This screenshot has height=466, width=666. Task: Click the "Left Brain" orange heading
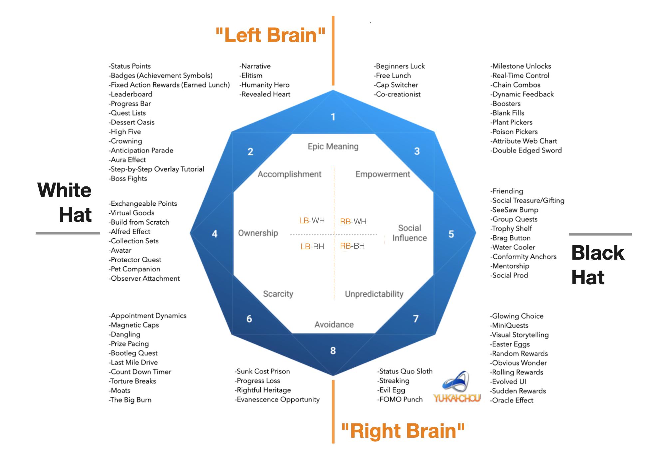(x=270, y=35)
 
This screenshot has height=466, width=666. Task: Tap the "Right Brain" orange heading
(x=403, y=431)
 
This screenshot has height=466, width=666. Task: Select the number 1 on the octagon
(x=333, y=117)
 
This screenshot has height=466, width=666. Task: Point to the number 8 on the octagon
(x=333, y=350)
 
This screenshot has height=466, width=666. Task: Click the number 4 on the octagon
(x=215, y=234)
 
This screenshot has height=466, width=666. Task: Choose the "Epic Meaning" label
(x=333, y=146)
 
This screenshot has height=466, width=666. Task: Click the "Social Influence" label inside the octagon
(x=409, y=233)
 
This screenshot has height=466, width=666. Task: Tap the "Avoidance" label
(x=334, y=325)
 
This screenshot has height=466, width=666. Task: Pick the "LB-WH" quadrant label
(x=312, y=221)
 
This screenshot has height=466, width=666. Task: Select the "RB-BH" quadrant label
(x=352, y=246)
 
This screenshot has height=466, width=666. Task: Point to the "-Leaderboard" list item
(x=131, y=94)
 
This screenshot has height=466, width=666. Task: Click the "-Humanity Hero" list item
(x=265, y=85)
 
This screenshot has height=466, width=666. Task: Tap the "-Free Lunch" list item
(x=392, y=76)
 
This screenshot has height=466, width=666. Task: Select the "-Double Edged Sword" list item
(x=526, y=150)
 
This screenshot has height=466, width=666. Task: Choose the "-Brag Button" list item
(x=510, y=238)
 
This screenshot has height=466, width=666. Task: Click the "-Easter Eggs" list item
(x=510, y=344)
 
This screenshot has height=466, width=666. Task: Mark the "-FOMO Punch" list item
(x=400, y=399)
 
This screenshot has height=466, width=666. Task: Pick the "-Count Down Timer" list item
(x=140, y=372)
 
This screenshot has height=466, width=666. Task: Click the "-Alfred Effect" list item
(x=130, y=232)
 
